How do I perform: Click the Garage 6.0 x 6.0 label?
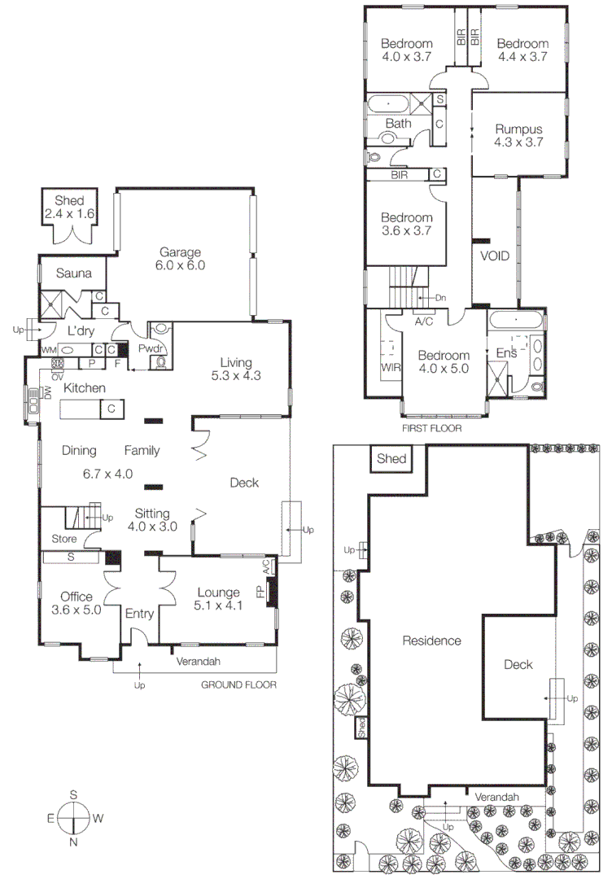click(x=181, y=259)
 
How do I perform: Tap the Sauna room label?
click(x=73, y=273)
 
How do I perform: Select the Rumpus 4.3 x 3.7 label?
click(x=518, y=135)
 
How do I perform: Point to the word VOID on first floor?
click(x=494, y=256)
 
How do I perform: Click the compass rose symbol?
click(x=73, y=818)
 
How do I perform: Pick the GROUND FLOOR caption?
click(x=238, y=685)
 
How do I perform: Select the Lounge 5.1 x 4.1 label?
click(x=217, y=599)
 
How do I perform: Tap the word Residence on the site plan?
click(x=431, y=641)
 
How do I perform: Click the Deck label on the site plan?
click(x=518, y=665)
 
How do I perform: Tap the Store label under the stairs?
click(x=63, y=539)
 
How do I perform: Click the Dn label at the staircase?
click(x=440, y=298)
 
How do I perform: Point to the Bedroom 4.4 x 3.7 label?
click(x=522, y=50)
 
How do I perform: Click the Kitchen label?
click(x=85, y=388)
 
